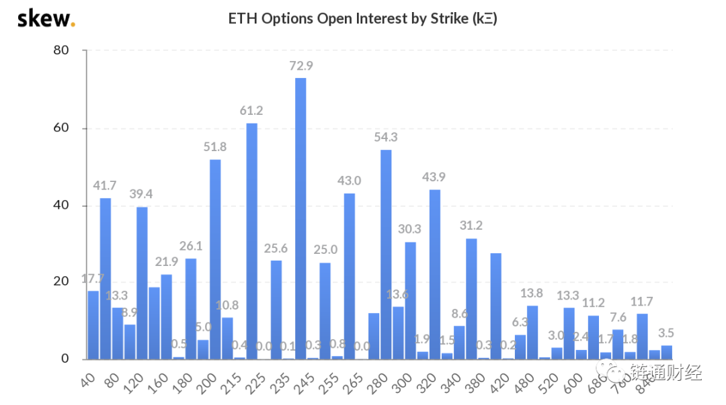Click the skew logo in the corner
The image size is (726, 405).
pyautogui.click(x=46, y=18)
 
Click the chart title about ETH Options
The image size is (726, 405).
pyautogui.click(x=362, y=18)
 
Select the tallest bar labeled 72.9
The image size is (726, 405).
pyautogui.click(x=300, y=218)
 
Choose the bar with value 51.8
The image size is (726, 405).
pyautogui.click(x=215, y=259)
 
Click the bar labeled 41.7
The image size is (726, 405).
pyautogui.click(x=106, y=278)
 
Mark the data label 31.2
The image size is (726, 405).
pyautogui.click(x=471, y=225)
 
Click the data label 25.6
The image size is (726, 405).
pyautogui.click(x=276, y=248)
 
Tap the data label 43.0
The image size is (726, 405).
pyautogui.click(x=350, y=181)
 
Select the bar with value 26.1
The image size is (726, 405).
pyautogui.click(x=191, y=308)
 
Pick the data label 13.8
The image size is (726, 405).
pyautogui.click(x=532, y=293)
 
